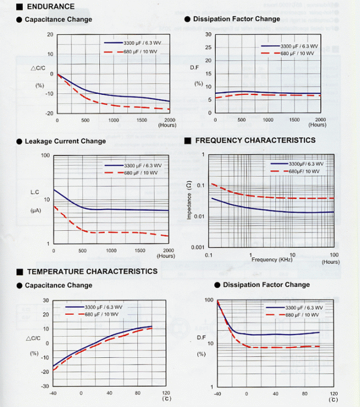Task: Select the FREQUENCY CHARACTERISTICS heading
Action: tap(255, 140)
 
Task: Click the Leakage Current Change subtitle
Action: tap(65, 141)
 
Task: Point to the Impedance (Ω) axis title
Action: tap(189, 201)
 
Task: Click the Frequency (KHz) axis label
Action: tap(272, 260)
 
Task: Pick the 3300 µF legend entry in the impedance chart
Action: tap(305, 164)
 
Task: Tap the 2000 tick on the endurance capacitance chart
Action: tap(170, 120)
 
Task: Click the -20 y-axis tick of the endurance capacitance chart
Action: tap(50, 113)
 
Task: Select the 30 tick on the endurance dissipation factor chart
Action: tap(208, 34)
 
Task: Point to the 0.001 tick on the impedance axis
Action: tap(197, 247)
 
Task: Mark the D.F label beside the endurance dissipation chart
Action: tap(195, 67)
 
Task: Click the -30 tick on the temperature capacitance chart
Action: tap(46, 386)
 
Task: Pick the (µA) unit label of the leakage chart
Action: tap(35, 210)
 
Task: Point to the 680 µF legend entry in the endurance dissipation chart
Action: tap(297, 53)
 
